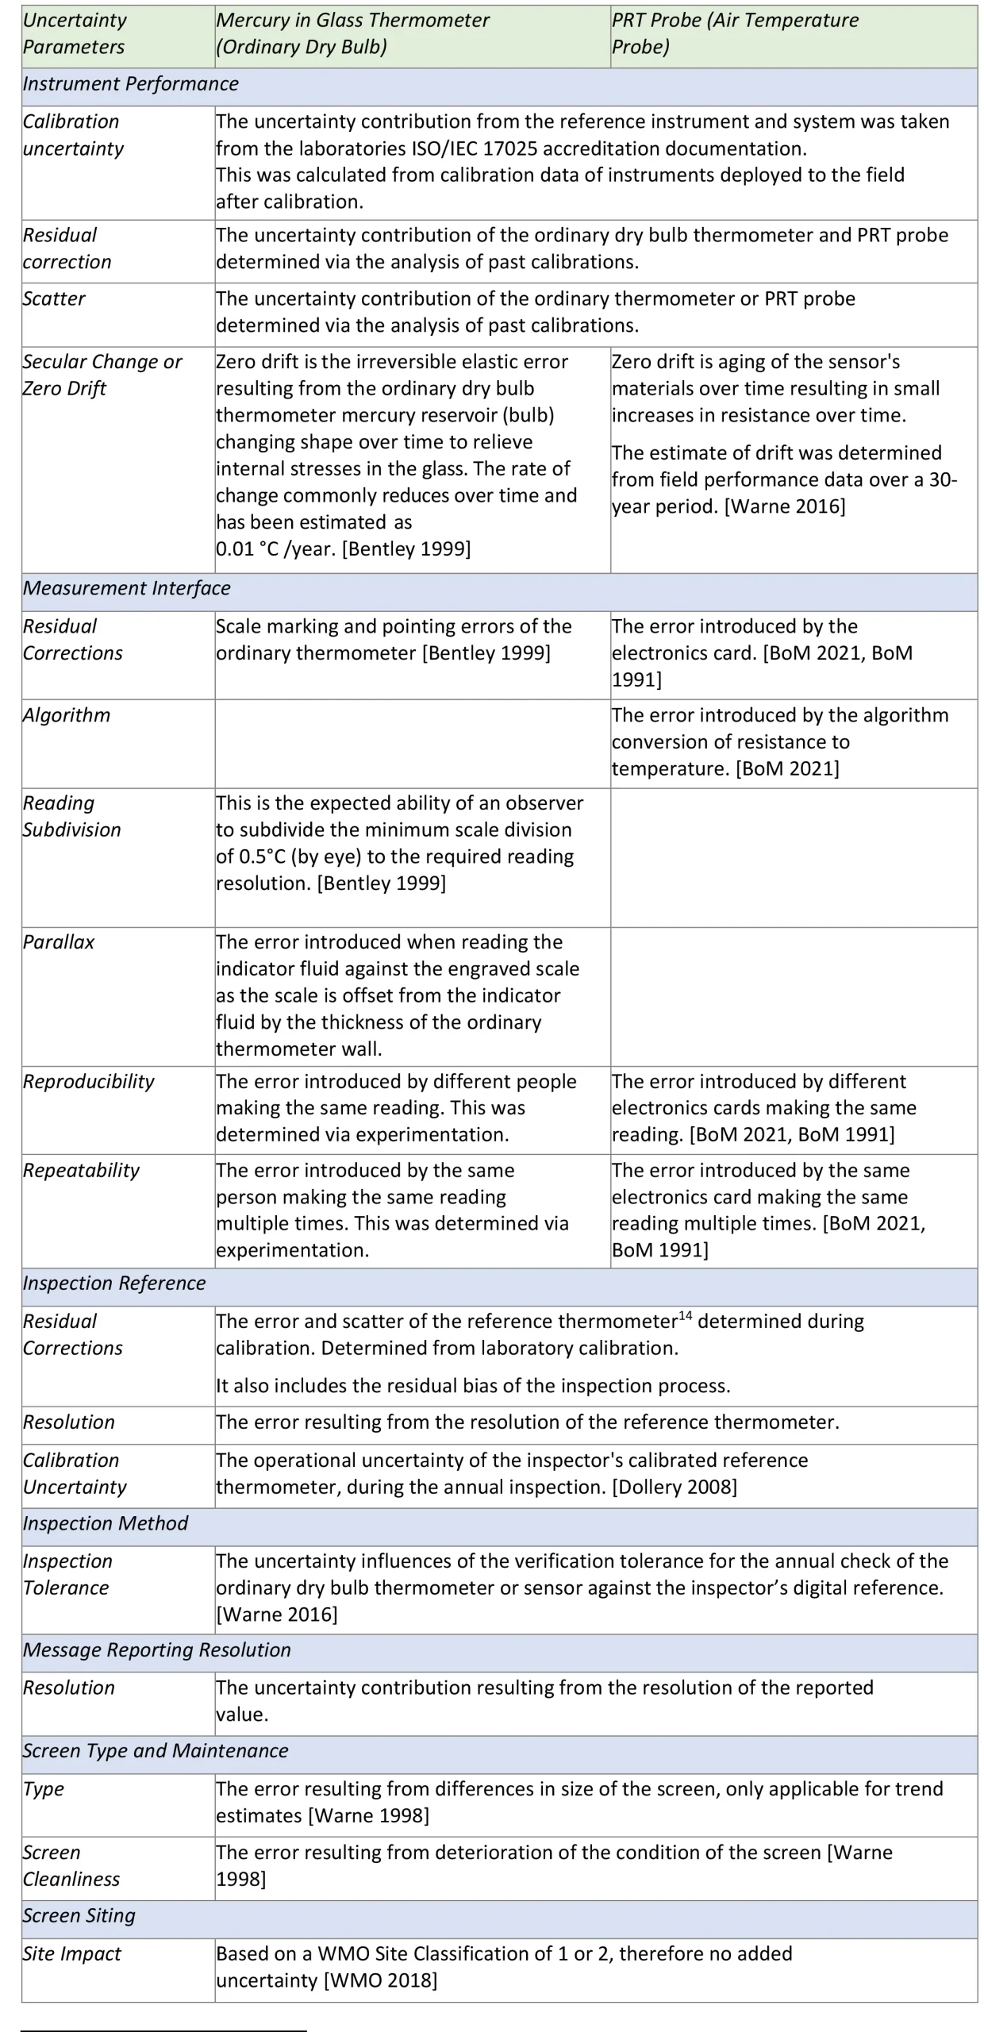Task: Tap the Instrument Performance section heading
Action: [x=131, y=84]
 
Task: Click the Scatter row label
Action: [x=54, y=298]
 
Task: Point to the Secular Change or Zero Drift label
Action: [x=102, y=375]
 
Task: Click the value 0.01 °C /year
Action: [x=276, y=548]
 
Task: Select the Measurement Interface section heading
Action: [x=127, y=588]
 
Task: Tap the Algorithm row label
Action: [x=67, y=715]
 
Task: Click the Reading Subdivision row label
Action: [x=71, y=816]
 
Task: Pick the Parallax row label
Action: [x=59, y=942]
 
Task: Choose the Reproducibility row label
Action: [x=89, y=1081]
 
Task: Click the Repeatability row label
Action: [x=81, y=1170]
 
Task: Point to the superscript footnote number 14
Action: [x=685, y=1315]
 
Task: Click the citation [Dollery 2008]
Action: [x=675, y=1487]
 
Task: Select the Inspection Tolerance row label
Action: [x=67, y=1574]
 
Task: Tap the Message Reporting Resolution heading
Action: [x=157, y=1650]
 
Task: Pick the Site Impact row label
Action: [x=72, y=1953]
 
